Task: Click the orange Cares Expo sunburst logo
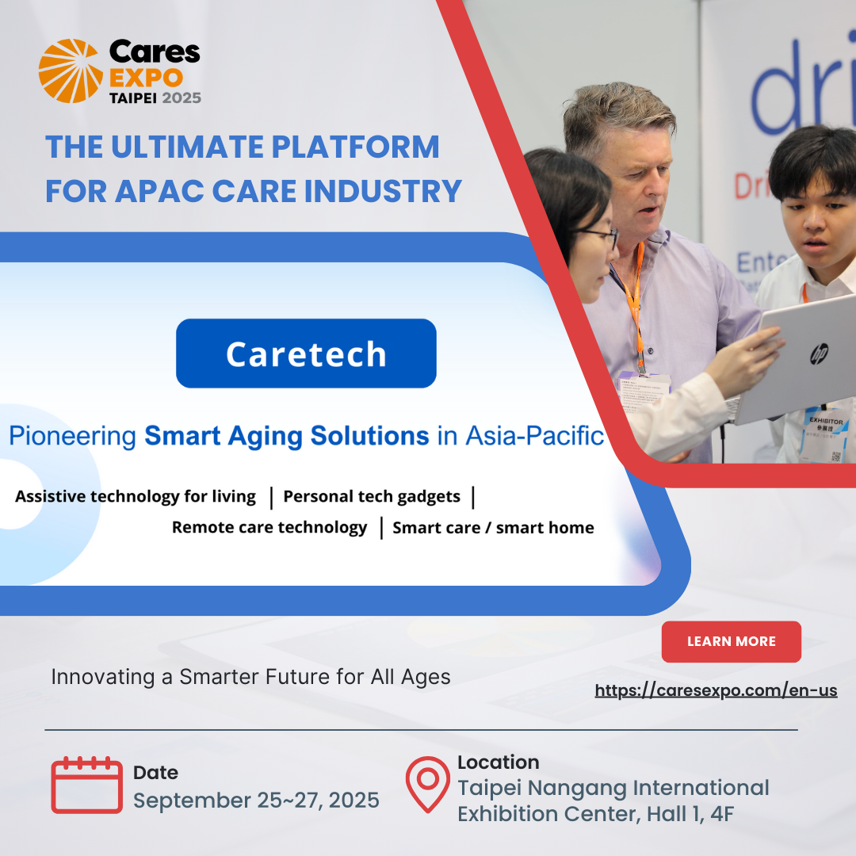[71, 71]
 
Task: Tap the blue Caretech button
[306, 353]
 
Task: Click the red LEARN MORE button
[731, 641]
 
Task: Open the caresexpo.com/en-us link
[716, 690]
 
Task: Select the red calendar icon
[86, 785]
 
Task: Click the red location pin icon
[427, 784]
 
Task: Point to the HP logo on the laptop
[819, 353]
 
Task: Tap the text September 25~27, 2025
[256, 800]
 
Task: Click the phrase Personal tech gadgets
[371, 497]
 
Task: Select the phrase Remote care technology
[269, 527]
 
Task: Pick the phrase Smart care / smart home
[493, 528]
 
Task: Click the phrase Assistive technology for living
[136, 497]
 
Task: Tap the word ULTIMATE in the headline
[193, 147]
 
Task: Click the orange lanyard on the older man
[635, 301]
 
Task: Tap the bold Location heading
[498, 762]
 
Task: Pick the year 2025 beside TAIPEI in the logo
[182, 97]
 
